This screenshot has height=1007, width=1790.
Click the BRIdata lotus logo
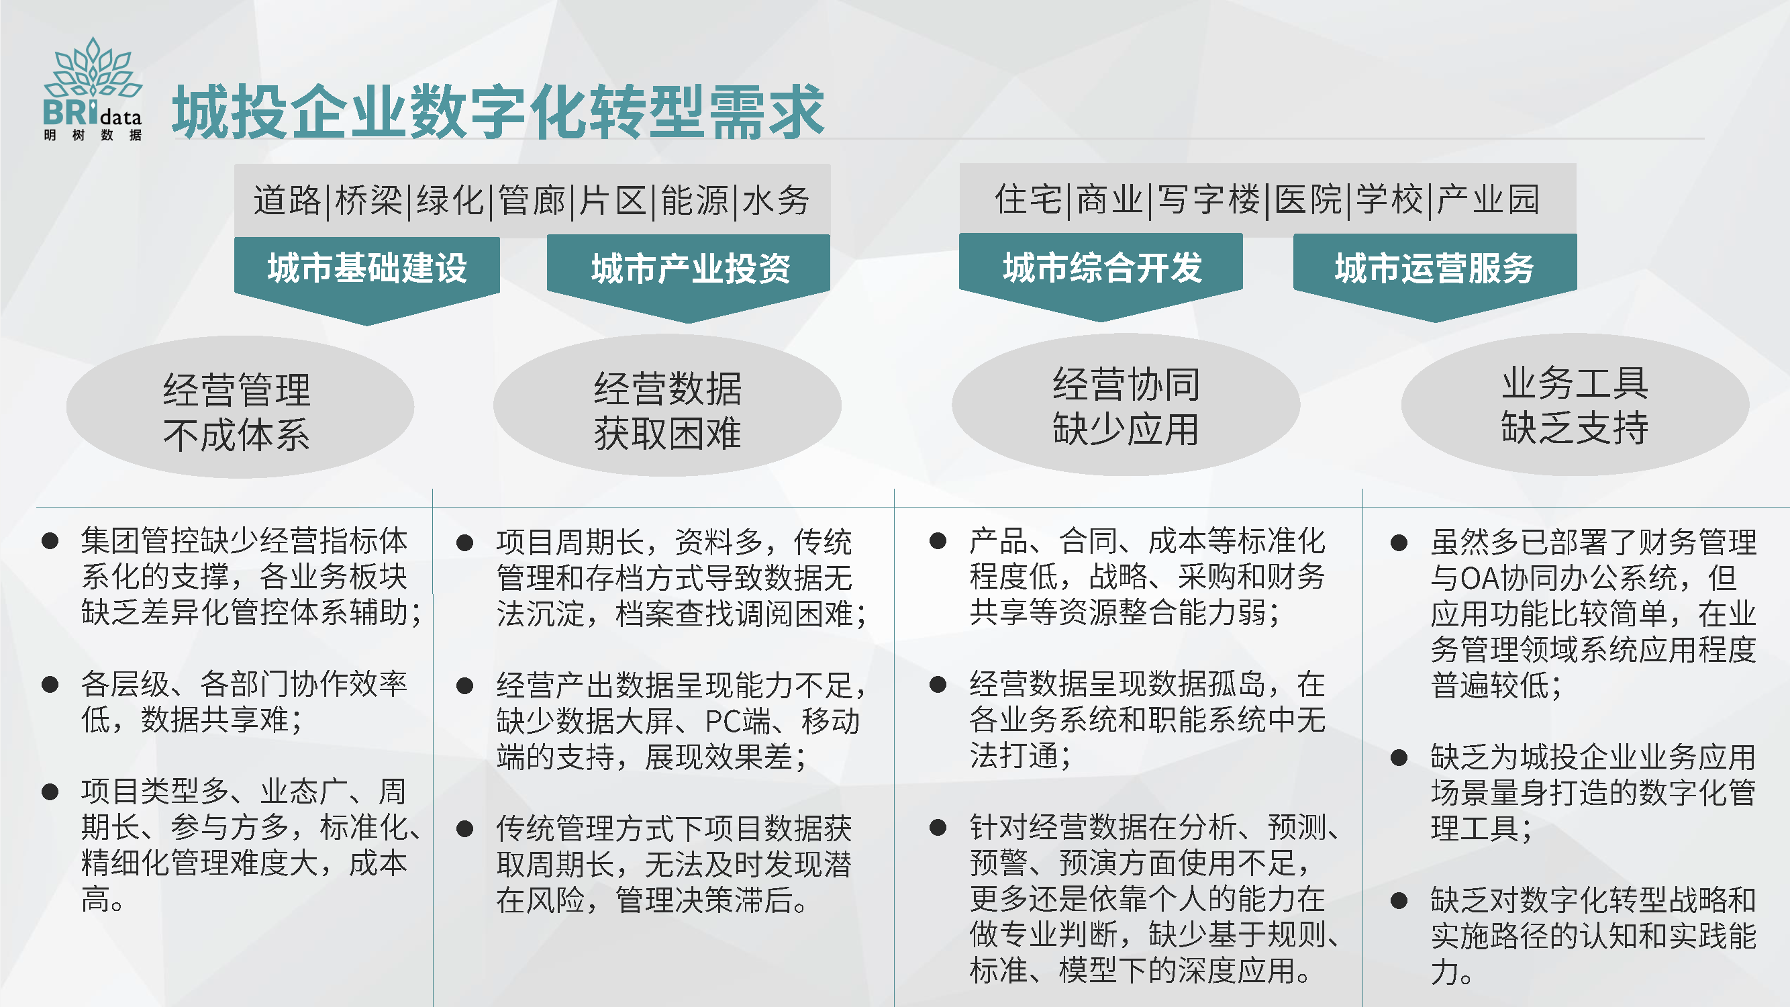pos(93,89)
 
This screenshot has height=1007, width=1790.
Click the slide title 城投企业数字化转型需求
pos(498,111)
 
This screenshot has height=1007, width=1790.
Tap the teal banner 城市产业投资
pos(689,278)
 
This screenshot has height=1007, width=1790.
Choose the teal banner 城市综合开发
pos(1101,277)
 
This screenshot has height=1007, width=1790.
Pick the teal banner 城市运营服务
pos(1435,277)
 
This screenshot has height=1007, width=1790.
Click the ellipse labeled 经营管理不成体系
pos(240,407)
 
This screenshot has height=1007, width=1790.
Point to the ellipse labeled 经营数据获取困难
pos(667,406)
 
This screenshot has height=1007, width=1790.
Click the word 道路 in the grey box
pos(287,200)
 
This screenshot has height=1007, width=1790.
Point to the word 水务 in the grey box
pos(776,200)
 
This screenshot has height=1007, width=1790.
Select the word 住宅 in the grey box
pos(1028,199)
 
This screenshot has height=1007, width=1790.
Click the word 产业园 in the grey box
pos(1489,199)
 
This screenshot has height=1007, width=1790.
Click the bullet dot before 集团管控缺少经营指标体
pos(50,540)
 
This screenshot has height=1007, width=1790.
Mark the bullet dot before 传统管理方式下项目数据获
pos(465,828)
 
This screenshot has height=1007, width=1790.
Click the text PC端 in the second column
pos(738,722)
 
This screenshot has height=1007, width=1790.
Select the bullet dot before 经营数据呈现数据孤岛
pos(938,685)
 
